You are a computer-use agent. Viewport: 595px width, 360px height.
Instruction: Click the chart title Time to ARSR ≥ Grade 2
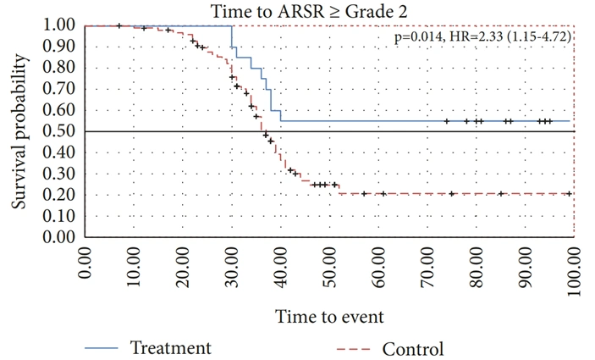(309, 11)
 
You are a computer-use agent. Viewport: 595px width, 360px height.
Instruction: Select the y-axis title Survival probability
(19, 131)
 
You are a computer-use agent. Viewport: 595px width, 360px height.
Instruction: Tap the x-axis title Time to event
(329, 316)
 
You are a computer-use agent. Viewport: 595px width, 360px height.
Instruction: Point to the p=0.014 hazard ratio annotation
(482, 36)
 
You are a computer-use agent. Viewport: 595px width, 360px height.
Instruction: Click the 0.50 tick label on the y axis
(58, 131)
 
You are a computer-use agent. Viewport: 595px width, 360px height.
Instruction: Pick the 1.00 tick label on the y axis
(58, 25)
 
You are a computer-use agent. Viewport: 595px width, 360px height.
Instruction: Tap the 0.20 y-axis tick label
(58, 195)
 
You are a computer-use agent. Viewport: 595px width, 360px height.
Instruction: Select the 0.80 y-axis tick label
(58, 68)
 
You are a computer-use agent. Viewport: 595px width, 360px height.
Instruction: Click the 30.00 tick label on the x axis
(232, 267)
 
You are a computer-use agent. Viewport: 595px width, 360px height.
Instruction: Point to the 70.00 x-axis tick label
(427, 267)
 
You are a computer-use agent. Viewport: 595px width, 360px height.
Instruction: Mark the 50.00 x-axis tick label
(329, 267)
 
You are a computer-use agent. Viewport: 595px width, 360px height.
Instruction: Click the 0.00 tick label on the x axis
(85, 263)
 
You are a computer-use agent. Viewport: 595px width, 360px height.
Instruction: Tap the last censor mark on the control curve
(569, 194)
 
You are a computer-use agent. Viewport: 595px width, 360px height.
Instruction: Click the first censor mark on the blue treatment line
(447, 121)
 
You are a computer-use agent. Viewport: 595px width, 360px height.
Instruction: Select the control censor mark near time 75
(452, 194)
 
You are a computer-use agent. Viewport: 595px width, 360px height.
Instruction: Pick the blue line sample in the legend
(101, 348)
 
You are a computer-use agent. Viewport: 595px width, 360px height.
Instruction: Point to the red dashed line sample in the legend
(353, 349)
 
